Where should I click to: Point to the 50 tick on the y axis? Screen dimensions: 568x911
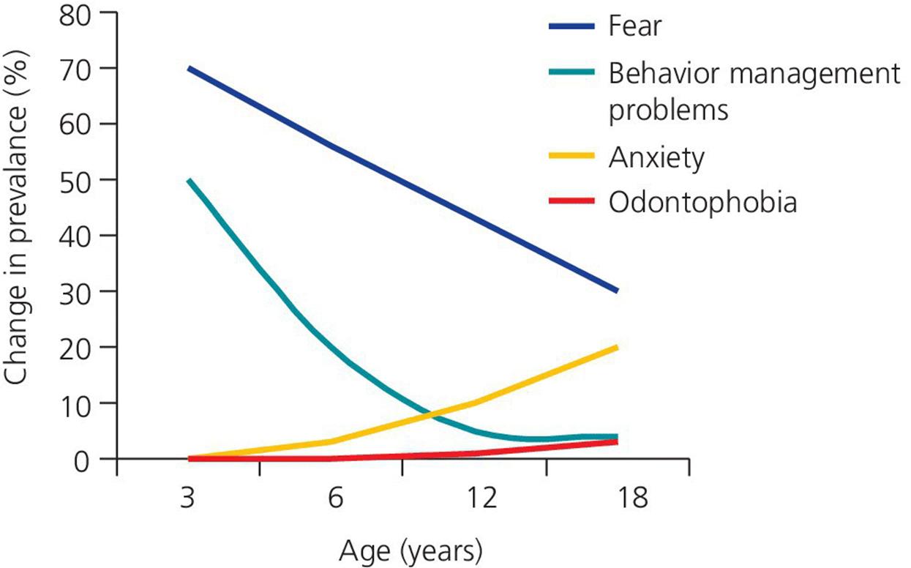click(x=78, y=180)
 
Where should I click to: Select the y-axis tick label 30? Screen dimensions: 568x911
click(x=78, y=291)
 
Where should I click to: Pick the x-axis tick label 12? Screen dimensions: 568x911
click(x=480, y=501)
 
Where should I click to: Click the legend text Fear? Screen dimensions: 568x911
click(x=634, y=27)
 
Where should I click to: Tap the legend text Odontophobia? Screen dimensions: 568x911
click(x=702, y=201)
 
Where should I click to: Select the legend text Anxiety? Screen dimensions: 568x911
click(x=656, y=157)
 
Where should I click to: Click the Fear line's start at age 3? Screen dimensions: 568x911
click(x=189, y=68)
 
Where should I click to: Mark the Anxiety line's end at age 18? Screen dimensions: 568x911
click(x=618, y=347)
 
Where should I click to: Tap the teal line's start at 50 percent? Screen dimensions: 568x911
click(x=189, y=180)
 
